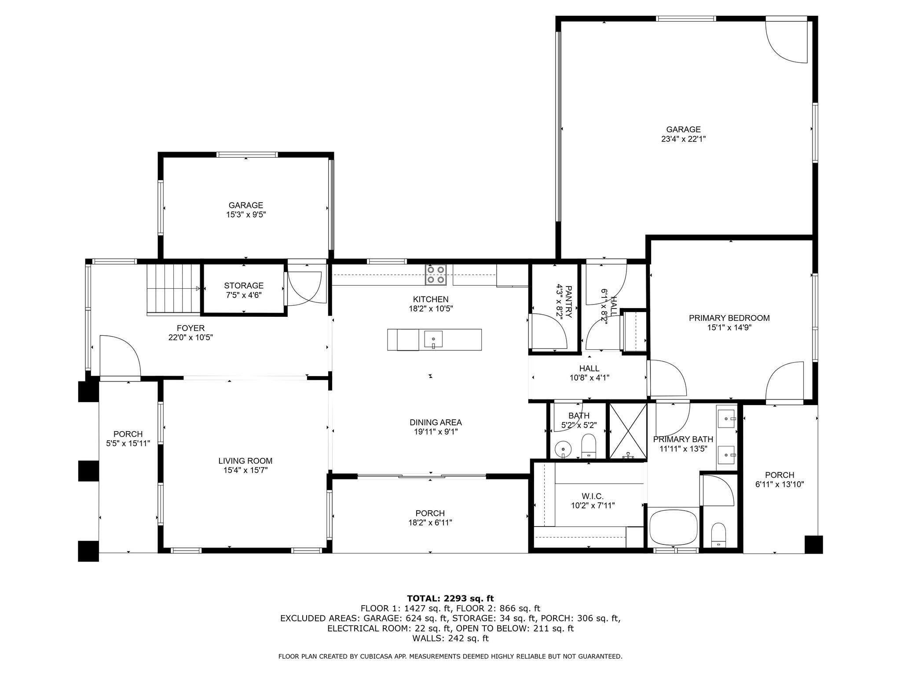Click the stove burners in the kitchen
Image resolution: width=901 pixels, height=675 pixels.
[436, 275]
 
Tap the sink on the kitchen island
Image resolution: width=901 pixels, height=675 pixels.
[433, 339]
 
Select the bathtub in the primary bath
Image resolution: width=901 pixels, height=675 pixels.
[674, 528]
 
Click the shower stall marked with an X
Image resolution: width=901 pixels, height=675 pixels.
[627, 431]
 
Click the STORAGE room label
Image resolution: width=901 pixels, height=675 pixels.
[244, 286]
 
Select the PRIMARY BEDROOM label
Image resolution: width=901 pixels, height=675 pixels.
[729, 318]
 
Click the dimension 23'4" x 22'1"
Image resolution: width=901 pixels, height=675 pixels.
[683, 139]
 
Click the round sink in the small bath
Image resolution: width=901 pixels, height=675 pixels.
[562, 449]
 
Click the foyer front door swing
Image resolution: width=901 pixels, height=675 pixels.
[120, 356]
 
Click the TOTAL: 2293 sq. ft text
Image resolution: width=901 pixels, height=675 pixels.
[450, 598]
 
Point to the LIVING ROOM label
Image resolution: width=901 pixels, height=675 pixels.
[245, 461]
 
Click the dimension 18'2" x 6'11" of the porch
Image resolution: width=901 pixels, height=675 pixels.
[430, 523]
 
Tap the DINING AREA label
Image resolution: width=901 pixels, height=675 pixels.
[436, 422]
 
